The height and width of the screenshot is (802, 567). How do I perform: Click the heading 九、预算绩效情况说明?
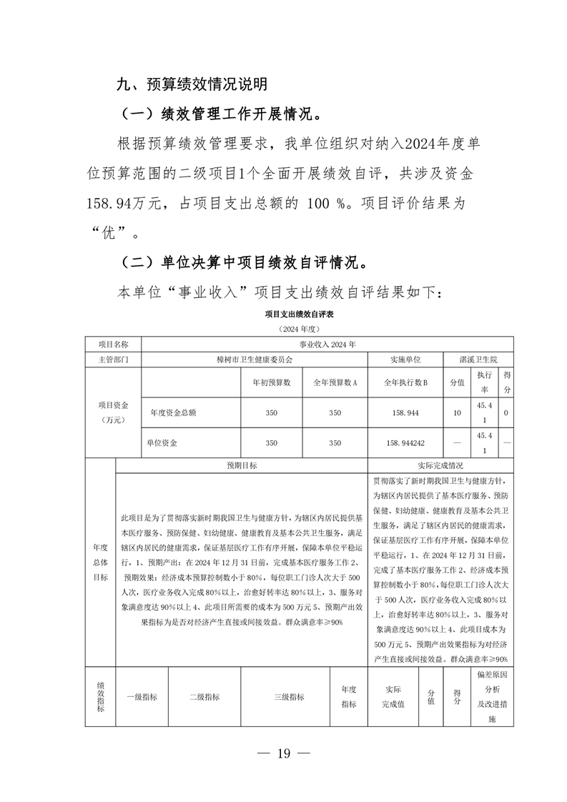[192, 85]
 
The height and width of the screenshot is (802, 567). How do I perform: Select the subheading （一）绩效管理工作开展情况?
[222, 114]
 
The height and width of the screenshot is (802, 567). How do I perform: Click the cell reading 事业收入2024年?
[327, 343]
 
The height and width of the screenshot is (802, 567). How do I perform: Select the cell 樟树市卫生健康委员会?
[254, 359]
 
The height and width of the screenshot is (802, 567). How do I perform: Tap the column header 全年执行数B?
[405, 382]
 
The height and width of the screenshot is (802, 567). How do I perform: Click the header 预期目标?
[242, 465]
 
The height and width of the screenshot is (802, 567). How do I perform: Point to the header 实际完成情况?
[440, 465]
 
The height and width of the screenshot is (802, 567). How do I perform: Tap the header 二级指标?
[204, 697]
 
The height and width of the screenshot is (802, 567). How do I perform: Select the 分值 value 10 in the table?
[457, 412]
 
